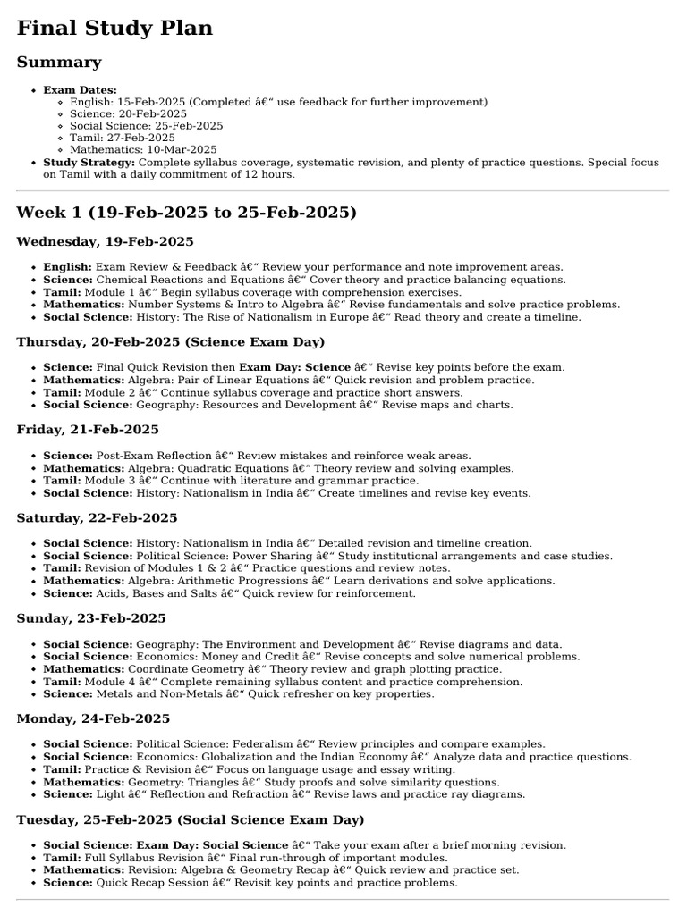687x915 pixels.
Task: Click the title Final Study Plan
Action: (x=114, y=28)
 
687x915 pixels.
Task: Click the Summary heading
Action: (x=58, y=63)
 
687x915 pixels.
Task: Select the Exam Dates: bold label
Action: (x=80, y=90)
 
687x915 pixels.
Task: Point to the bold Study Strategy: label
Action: (x=89, y=163)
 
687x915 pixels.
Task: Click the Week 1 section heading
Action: (x=186, y=213)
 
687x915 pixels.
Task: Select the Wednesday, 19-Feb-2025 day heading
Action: (x=105, y=242)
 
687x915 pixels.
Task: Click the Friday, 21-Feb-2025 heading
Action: (x=88, y=430)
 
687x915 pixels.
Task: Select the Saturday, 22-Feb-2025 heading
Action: (x=97, y=518)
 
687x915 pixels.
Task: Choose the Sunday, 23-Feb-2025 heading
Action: (x=90, y=618)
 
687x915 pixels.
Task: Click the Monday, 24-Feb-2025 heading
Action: (x=93, y=719)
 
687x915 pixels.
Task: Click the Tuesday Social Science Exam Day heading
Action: (x=191, y=820)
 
